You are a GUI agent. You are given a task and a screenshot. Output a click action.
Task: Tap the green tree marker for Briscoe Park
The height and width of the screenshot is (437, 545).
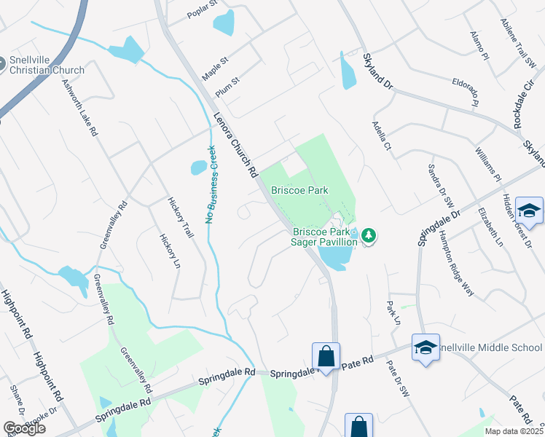point(369,235)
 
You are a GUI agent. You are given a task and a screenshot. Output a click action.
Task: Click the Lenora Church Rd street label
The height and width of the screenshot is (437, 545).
point(236,144)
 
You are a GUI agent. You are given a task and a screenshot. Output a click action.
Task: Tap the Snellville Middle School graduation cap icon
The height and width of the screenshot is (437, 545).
point(426,347)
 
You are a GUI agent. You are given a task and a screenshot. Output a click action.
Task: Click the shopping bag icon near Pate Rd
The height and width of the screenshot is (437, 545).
point(326,356)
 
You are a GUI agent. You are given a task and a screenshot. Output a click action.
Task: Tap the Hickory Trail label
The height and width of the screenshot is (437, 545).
point(181,218)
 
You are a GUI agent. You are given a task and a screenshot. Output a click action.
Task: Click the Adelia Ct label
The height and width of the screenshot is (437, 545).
point(382,135)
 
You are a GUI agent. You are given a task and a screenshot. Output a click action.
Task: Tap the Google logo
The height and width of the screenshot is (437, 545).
point(24,428)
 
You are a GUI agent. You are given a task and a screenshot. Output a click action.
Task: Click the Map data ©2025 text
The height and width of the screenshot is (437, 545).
point(514,431)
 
